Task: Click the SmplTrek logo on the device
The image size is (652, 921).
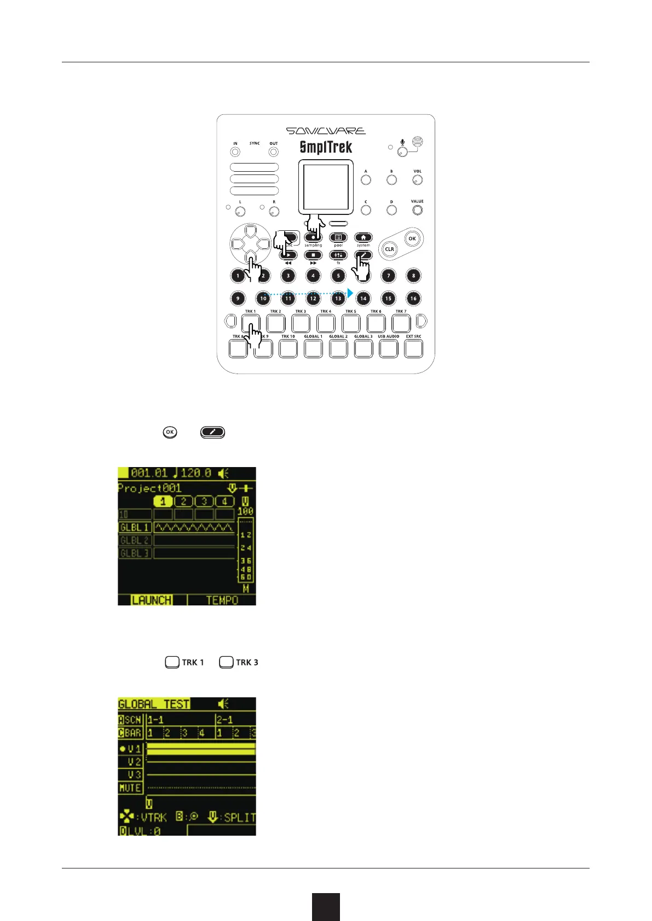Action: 326,148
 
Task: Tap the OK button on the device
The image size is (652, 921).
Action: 412,238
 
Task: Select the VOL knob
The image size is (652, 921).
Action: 417,180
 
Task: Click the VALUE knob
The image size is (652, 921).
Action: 417,210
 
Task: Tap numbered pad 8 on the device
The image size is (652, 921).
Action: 413,276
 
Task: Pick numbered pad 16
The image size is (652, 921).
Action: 413,298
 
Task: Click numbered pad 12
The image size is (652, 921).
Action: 313,298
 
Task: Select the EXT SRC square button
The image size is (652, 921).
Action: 413,348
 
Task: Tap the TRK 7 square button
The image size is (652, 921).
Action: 401,323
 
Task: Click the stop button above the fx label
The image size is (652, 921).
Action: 313,255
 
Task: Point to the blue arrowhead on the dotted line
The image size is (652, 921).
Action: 350,293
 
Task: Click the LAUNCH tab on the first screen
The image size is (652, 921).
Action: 152,600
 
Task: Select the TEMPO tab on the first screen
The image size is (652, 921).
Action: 222,600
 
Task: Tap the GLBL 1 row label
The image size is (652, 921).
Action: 135,527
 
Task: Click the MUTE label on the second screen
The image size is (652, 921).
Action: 130,788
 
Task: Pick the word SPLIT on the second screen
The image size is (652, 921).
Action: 240,818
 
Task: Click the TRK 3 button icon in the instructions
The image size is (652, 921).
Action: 226,662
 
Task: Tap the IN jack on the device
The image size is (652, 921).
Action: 235,151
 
